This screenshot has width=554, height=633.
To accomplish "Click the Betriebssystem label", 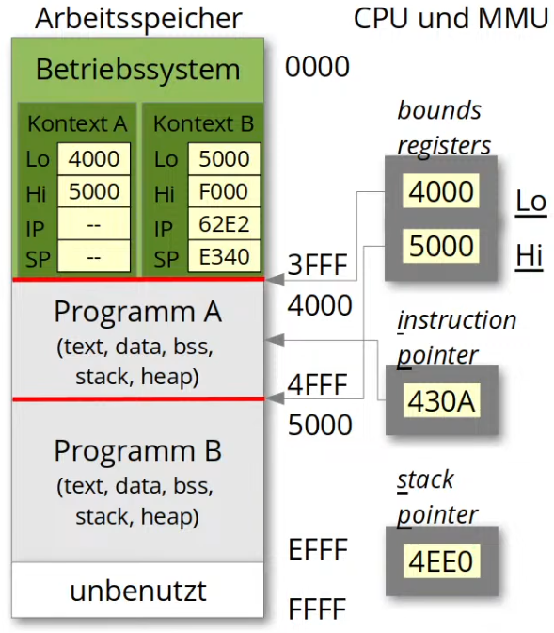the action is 138,70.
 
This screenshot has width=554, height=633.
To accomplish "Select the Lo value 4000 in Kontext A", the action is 94,158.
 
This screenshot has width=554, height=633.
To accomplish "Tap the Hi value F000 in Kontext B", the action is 224,191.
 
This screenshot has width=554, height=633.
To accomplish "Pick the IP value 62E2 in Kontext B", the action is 224,224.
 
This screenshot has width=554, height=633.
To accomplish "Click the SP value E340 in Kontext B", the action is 224,257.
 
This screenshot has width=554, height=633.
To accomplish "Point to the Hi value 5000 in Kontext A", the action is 94,191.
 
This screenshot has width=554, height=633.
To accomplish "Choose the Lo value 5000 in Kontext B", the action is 224,158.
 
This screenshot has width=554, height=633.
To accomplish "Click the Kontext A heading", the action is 77,123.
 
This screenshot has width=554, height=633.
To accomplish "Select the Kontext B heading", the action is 203,123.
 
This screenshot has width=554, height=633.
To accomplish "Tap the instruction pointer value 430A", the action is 441,401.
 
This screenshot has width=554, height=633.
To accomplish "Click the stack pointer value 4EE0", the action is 441,561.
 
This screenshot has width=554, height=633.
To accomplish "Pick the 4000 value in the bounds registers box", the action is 441,191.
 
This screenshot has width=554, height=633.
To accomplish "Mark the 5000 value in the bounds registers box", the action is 441,246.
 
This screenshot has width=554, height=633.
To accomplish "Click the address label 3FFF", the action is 317,265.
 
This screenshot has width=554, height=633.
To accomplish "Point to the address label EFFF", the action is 318,549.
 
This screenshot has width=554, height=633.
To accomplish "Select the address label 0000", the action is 317,67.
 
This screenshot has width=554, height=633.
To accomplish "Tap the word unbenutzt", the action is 138,591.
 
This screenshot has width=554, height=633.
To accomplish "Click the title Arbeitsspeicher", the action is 138,19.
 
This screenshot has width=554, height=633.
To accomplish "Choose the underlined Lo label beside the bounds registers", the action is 531,202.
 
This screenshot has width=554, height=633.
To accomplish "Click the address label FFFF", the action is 317,609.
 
